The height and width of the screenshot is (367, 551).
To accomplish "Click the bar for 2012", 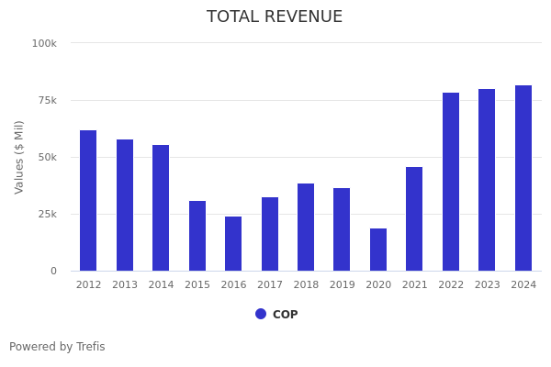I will tap(88, 201).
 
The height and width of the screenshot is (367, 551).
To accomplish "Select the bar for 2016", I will tap(233, 244).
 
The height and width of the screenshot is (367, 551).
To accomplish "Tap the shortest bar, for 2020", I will tap(378, 250).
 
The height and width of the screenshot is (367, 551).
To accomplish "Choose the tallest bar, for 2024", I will tap(523, 178).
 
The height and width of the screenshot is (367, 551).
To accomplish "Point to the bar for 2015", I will tap(197, 236).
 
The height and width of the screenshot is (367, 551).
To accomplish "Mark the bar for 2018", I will tap(306, 228).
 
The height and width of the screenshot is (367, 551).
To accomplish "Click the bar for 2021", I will tap(414, 219).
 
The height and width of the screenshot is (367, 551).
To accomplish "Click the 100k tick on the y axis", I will tap(44, 43).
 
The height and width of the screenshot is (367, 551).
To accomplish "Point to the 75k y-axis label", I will tap(46, 100).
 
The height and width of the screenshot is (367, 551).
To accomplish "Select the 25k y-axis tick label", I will tap(46, 214).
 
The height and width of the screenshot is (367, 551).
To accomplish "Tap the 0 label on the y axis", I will tap(52, 271).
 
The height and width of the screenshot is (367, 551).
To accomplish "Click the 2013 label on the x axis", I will tap(125, 285).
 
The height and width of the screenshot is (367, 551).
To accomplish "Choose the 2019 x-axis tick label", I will tap(342, 285).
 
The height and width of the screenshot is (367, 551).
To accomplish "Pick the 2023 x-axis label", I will tap(487, 285).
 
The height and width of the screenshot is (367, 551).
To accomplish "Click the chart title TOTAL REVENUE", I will tap(275, 17).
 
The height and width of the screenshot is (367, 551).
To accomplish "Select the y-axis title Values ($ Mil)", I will tap(19, 157).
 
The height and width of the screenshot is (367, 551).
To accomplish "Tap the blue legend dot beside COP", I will tap(261, 314).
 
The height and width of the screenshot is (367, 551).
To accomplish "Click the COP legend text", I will tap(285, 315).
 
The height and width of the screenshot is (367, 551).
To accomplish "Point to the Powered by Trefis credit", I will tap(57, 347).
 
